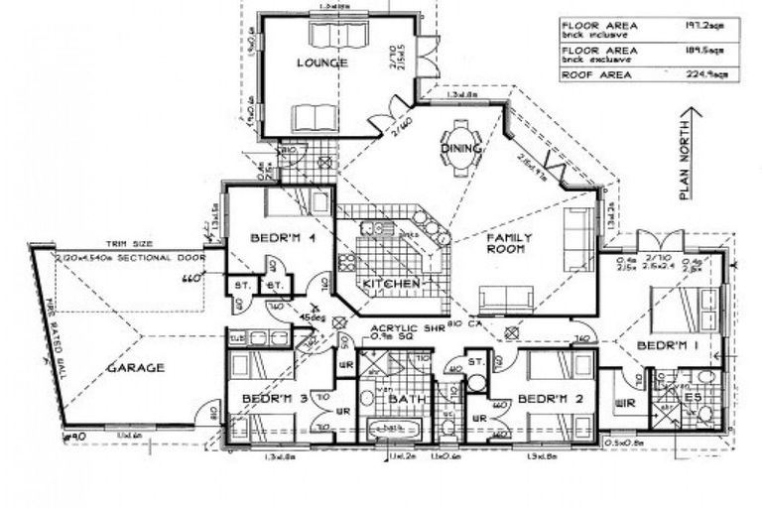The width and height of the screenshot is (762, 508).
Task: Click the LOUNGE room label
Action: point(320,63)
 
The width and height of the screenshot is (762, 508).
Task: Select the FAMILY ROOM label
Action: point(508,245)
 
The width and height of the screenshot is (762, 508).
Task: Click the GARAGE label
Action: point(136,367)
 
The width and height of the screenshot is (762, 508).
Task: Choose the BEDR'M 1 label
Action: point(660,345)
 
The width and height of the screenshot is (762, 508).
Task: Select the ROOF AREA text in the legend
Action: point(592,72)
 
